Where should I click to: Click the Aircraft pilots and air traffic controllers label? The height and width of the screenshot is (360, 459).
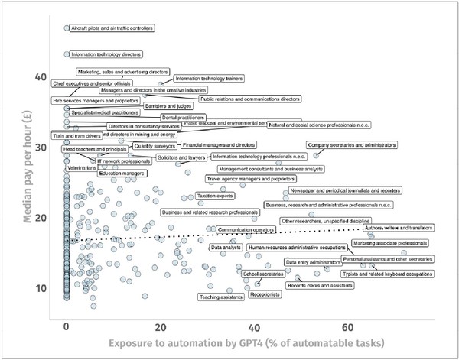(111, 28)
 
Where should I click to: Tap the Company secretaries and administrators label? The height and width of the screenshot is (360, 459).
(352, 144)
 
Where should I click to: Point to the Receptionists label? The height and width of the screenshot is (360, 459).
(265, 294)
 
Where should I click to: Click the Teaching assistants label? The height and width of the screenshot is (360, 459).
(220, 297)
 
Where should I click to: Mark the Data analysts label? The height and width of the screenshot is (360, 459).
(226, 248)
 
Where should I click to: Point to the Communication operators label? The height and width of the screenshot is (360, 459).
(246, 229)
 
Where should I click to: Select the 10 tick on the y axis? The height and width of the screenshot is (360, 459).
(41, 288)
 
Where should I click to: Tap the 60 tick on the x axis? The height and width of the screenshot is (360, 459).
(347, 326)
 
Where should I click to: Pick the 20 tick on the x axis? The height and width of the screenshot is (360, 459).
(160, 326)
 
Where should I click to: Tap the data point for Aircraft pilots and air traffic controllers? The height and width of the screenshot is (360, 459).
(67, 28)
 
